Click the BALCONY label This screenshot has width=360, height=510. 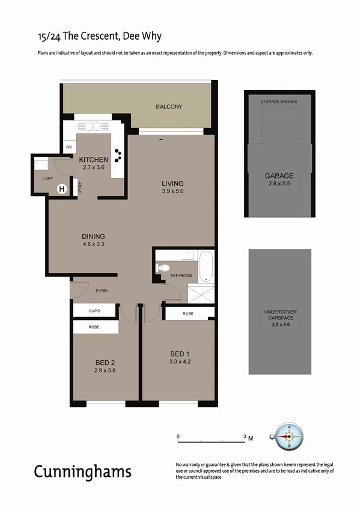[x=169, y=106]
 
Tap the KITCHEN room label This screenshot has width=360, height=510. [x=93, y=159]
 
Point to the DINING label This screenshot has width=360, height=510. [x=94, y=236]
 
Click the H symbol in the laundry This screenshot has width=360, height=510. [x=61, y=189]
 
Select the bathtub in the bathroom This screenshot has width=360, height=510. [x=206, y=267]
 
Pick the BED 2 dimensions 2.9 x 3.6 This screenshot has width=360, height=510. [x=105, y=370]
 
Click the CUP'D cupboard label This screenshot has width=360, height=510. [x=94, y=311]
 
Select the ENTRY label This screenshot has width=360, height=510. [x=102, y=291]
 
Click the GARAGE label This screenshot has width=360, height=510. [x=279, y=176]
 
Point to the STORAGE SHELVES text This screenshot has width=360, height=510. [x=279, y=102]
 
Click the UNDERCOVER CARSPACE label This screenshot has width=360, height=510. [x=280, y=315]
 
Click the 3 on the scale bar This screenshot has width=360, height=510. [x=244, y=436]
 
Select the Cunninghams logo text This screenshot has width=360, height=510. [x=82, y=471]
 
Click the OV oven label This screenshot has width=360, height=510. [x=69, y=147]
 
